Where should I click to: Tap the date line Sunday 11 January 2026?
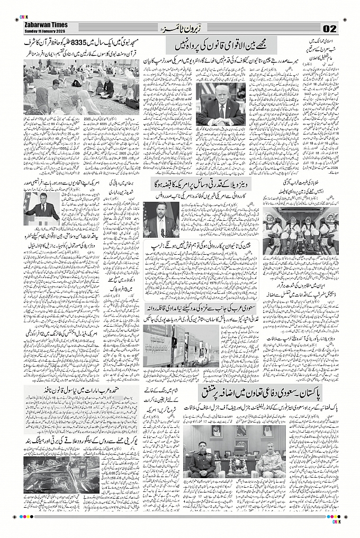(45, 31)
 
